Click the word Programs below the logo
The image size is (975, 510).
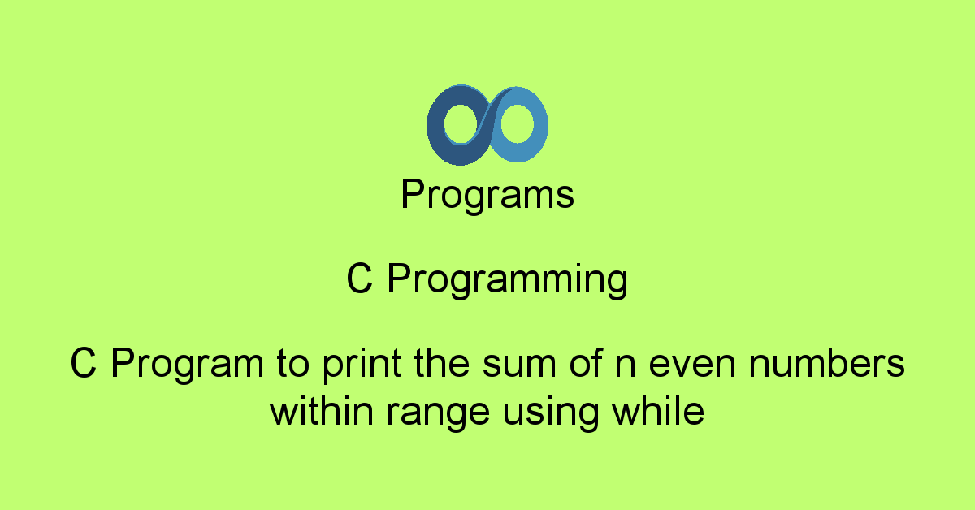(x=487, y=196)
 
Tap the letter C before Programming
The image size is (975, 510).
(x=359, y=280)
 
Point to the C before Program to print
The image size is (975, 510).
(x=83, y=364)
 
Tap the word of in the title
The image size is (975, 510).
(x=550, y=364)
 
